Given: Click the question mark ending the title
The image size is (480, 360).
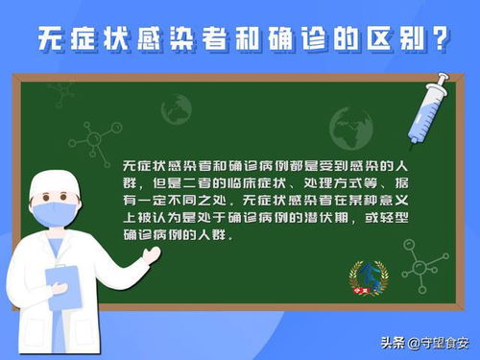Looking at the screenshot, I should (441, 38).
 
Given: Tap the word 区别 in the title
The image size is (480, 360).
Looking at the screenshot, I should (391, 38).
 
